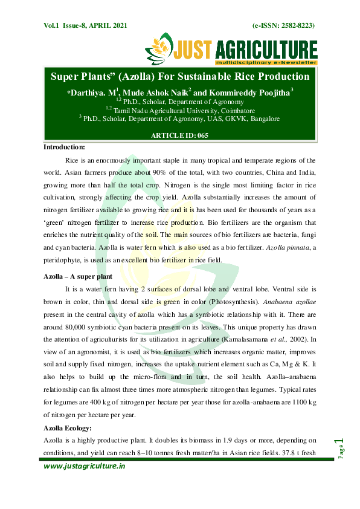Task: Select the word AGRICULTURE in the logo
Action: tap(266, 49)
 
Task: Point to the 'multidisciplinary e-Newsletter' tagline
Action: tap(266, 62)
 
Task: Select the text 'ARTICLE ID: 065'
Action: tap(179, 135)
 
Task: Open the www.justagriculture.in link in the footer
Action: tap(84, 466)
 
